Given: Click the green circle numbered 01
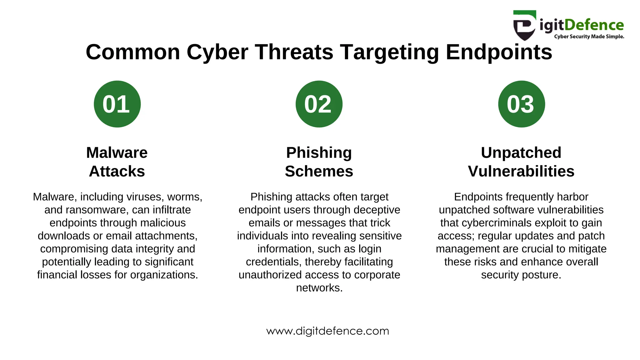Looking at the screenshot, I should pyautogui.click(x=117, y=104).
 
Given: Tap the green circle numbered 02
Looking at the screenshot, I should pyautogui.click(x=319, y=104).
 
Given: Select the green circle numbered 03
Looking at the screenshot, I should pyautogui.click(x=521, y=104).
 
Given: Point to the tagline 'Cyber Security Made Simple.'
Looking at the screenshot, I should pyautogui.click(x=589, y=37).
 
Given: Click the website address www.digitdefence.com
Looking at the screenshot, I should pyautogui.click(x=327, y=331).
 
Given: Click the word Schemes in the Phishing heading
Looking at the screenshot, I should pyautogui.click(x=319, y=171).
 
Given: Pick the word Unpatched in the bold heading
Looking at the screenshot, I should pyautogui.click(x=521, y=153).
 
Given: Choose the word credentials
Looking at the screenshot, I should pyautogui.click(x=273, y=262).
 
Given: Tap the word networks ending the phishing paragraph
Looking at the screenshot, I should pyautogui.click(x=319, y=288).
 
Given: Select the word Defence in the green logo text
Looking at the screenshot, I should pyautogui.click(x=594, y=25).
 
